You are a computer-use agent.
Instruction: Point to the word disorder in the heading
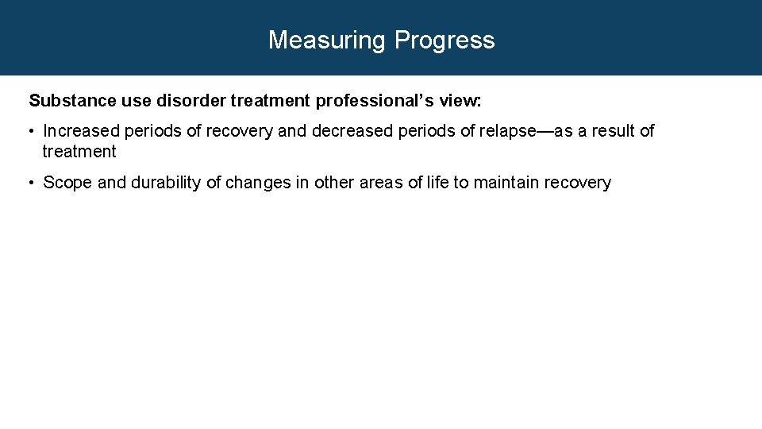[x=185, y=101]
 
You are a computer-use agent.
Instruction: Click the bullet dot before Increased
[x=33, y=131]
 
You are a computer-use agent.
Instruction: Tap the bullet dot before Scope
[x=33, y=183]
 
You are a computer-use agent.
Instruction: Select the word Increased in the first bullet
[x=81, y=131]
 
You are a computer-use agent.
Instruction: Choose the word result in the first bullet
[x=610, y=131]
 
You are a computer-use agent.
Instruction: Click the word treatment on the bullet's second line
[x=79, y=152]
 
